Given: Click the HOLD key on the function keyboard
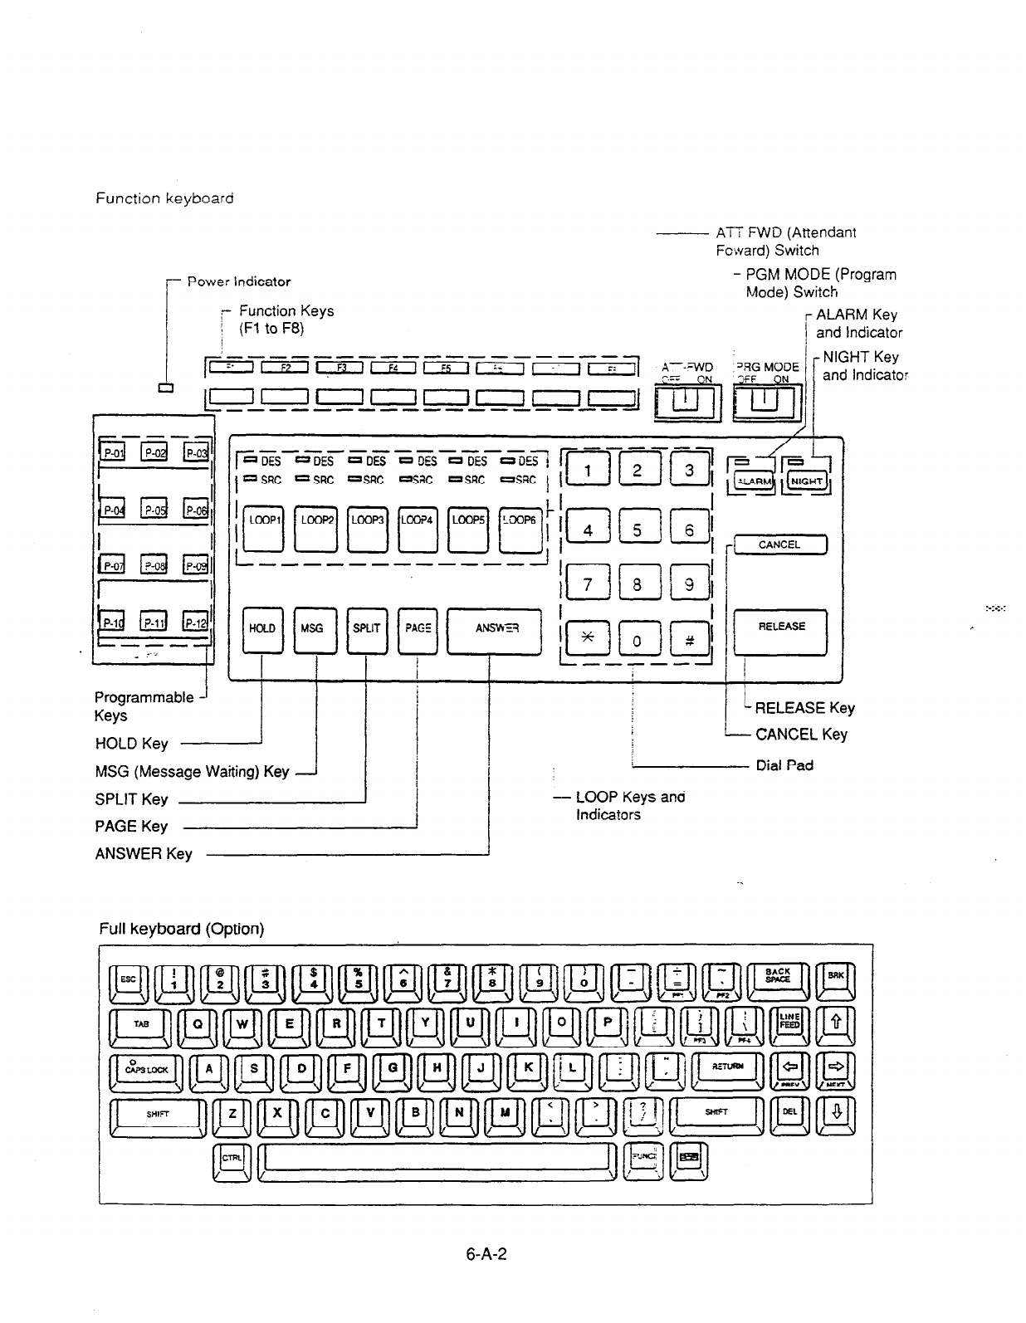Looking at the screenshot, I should point(262,630).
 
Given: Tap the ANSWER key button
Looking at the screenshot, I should point(495,630).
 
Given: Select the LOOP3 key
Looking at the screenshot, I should point(367,529).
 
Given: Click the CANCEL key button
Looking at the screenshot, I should point(779,545).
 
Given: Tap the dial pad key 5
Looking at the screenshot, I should point(637,530).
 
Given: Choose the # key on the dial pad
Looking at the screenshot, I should point(689,639).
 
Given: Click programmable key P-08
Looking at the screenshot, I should point(154,566).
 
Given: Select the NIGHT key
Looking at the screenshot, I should point(806,481).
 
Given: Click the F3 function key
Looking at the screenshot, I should point(340,369).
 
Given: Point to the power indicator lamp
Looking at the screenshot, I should point(164,388).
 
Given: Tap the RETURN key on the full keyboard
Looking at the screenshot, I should point(727,1067).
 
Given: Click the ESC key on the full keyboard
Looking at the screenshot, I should point(129,979).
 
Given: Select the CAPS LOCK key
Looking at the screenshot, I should point(145,1071).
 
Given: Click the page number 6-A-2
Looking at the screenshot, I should point(486,1253).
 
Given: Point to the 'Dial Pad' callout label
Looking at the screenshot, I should point(784,765).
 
